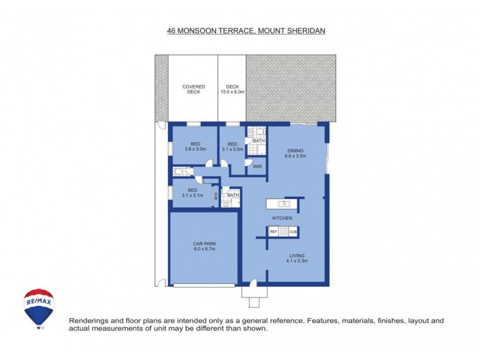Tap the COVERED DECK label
click(x=194, y=89)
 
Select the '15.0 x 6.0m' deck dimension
click(x=232, y=92)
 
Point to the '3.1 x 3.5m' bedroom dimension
click(x=232, y=149)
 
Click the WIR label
click(x=256, y=166)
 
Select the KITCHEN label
click(x=283, y=218)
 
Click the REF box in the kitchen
click(x=273, y=232)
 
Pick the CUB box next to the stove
click(x=293, y=232)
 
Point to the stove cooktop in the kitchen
click(x=283, y=232)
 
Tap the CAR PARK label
click(x=205, y=244)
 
